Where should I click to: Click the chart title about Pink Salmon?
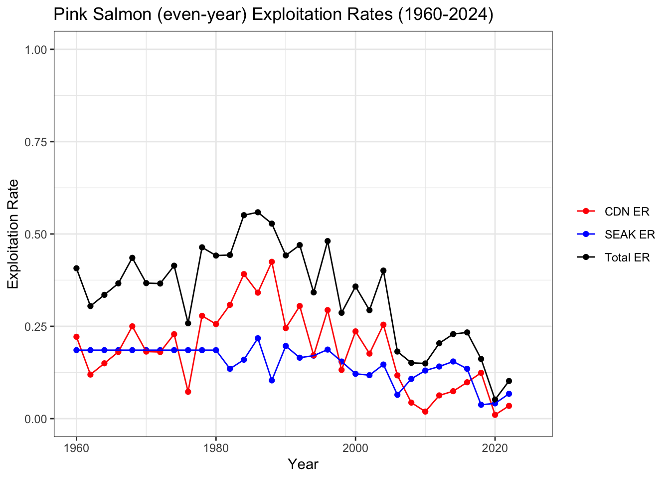(273, 15)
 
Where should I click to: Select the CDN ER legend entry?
(627, 212)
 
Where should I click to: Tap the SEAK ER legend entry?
(629, 235)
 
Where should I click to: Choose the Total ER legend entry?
(627, 257)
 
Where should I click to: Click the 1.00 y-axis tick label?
(36, 49)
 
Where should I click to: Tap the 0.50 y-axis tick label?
(36, 234)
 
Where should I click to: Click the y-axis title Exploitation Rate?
(13, 234)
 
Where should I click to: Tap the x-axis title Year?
(303, 465)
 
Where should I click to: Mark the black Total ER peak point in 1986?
(258, 212)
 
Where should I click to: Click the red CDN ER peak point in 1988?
(272, 261)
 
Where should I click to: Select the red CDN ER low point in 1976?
(188, 392)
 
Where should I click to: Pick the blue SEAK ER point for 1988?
(272, 380)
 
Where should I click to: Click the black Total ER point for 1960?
(76, 268)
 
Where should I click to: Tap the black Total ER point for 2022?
(509, 381)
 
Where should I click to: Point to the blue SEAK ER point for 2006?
(397, 395)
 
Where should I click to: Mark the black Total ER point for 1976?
(188, 323)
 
